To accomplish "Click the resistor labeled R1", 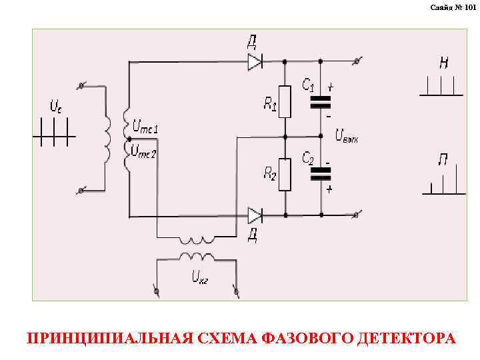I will [x=285, y=101].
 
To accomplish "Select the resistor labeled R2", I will [x=285, y=175].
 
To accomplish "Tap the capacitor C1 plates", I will [x=321, y=102].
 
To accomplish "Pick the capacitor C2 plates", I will [x=321, y=174].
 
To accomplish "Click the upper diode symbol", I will [x=255, y=61].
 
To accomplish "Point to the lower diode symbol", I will [x=255, y=215].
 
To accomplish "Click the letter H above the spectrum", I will [x=443, y=63].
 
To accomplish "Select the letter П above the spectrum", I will [x=443, y=160].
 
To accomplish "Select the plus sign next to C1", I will [x=331, y=87].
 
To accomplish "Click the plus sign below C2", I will [x=329, y=189].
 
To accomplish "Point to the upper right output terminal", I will [x=358, y=61].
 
